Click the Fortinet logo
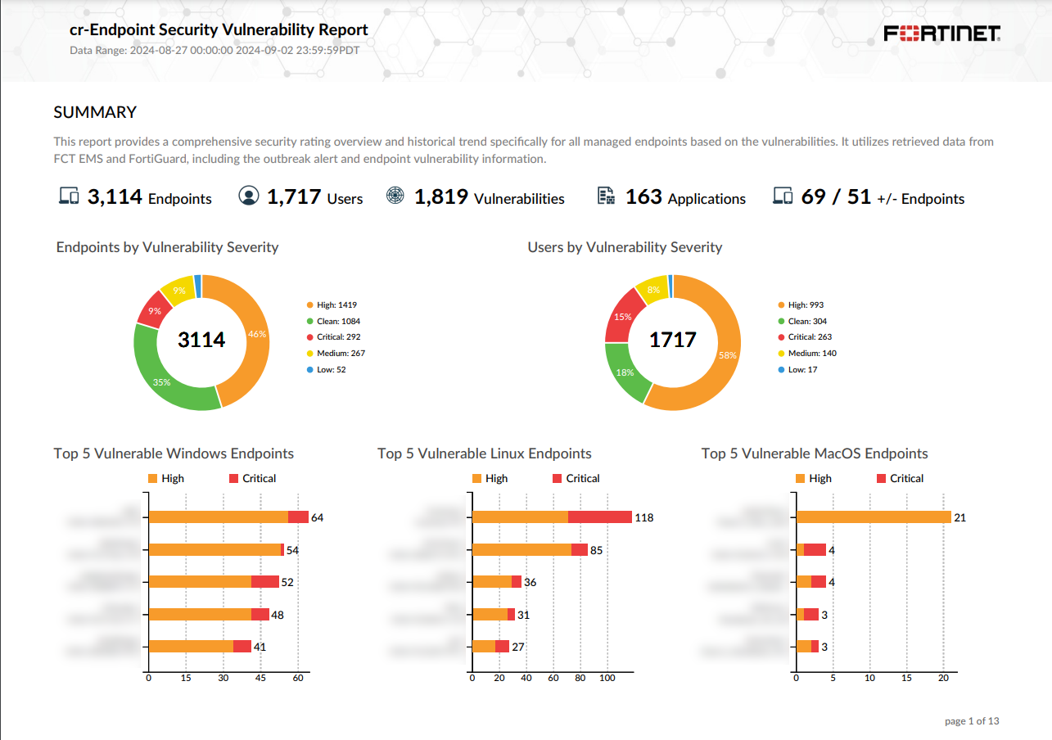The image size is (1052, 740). coord(942,34)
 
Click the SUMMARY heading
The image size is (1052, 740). coord(95,112)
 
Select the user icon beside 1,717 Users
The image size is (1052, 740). coord(248,196)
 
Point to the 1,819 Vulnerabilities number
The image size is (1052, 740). coord(441,197)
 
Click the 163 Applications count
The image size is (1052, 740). coord(643,197)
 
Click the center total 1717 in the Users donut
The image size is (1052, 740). coord(672,340)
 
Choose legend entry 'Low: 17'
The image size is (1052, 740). coord(802,370)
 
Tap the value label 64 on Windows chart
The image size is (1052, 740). coord(318,517)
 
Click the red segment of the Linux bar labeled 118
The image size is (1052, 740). coord(599,517)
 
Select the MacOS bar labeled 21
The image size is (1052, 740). coord(874,517)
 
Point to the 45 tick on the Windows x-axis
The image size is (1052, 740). coord(260,679)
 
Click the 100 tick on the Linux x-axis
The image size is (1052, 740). coord(607,679)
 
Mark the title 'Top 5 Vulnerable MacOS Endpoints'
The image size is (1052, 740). coord(815,453)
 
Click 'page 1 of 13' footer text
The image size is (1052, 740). coord(972,721)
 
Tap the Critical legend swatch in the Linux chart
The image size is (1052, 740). coord(558,478)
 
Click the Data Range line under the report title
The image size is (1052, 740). coord(214,50)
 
